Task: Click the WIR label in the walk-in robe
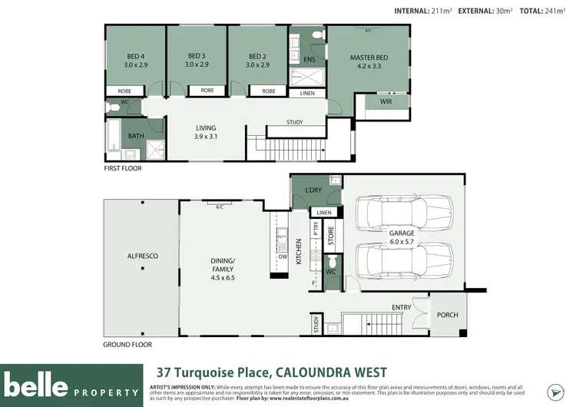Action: [x=375, y=101]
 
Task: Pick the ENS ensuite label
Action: [x=310, y=59]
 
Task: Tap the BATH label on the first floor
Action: [x=136, y=136]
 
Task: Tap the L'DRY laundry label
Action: [x=313, y=190]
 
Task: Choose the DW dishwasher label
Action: [x=283, y=257]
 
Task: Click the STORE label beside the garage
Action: [x=331, y=234]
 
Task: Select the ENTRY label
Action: [x=401, y=308]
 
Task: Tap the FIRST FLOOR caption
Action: [x=123, y=167]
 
